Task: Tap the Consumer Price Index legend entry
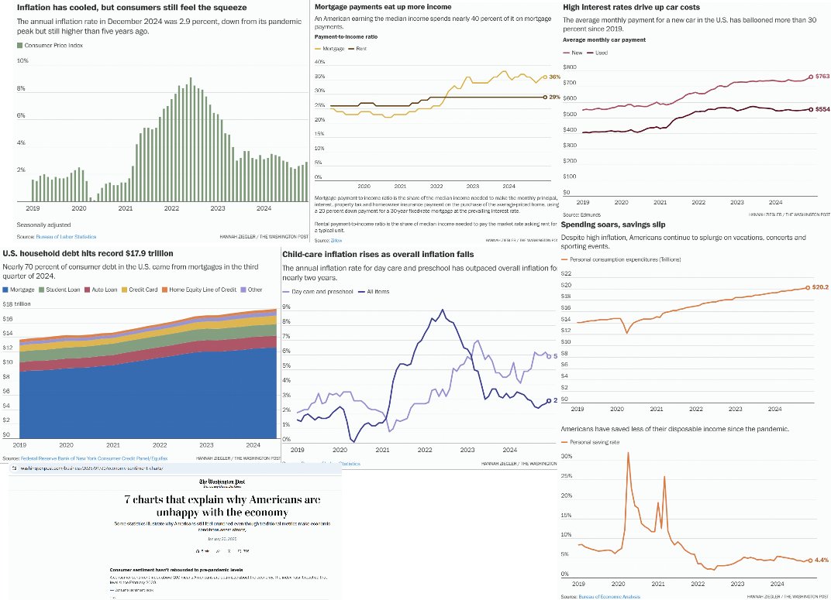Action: (50, 46)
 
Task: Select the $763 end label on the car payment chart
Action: (820, 77)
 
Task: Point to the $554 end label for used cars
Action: (820, 110)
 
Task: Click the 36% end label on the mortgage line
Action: (553, 77)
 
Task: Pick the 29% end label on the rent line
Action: (553, 97)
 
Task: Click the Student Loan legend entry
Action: (71, 290)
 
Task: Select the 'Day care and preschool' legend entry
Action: (320, 291)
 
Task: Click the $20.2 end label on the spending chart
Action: (821, 287)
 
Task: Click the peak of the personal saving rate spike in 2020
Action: (627, 453)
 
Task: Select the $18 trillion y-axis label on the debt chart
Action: (19, 304)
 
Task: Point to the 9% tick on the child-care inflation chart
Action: (286, 307)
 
